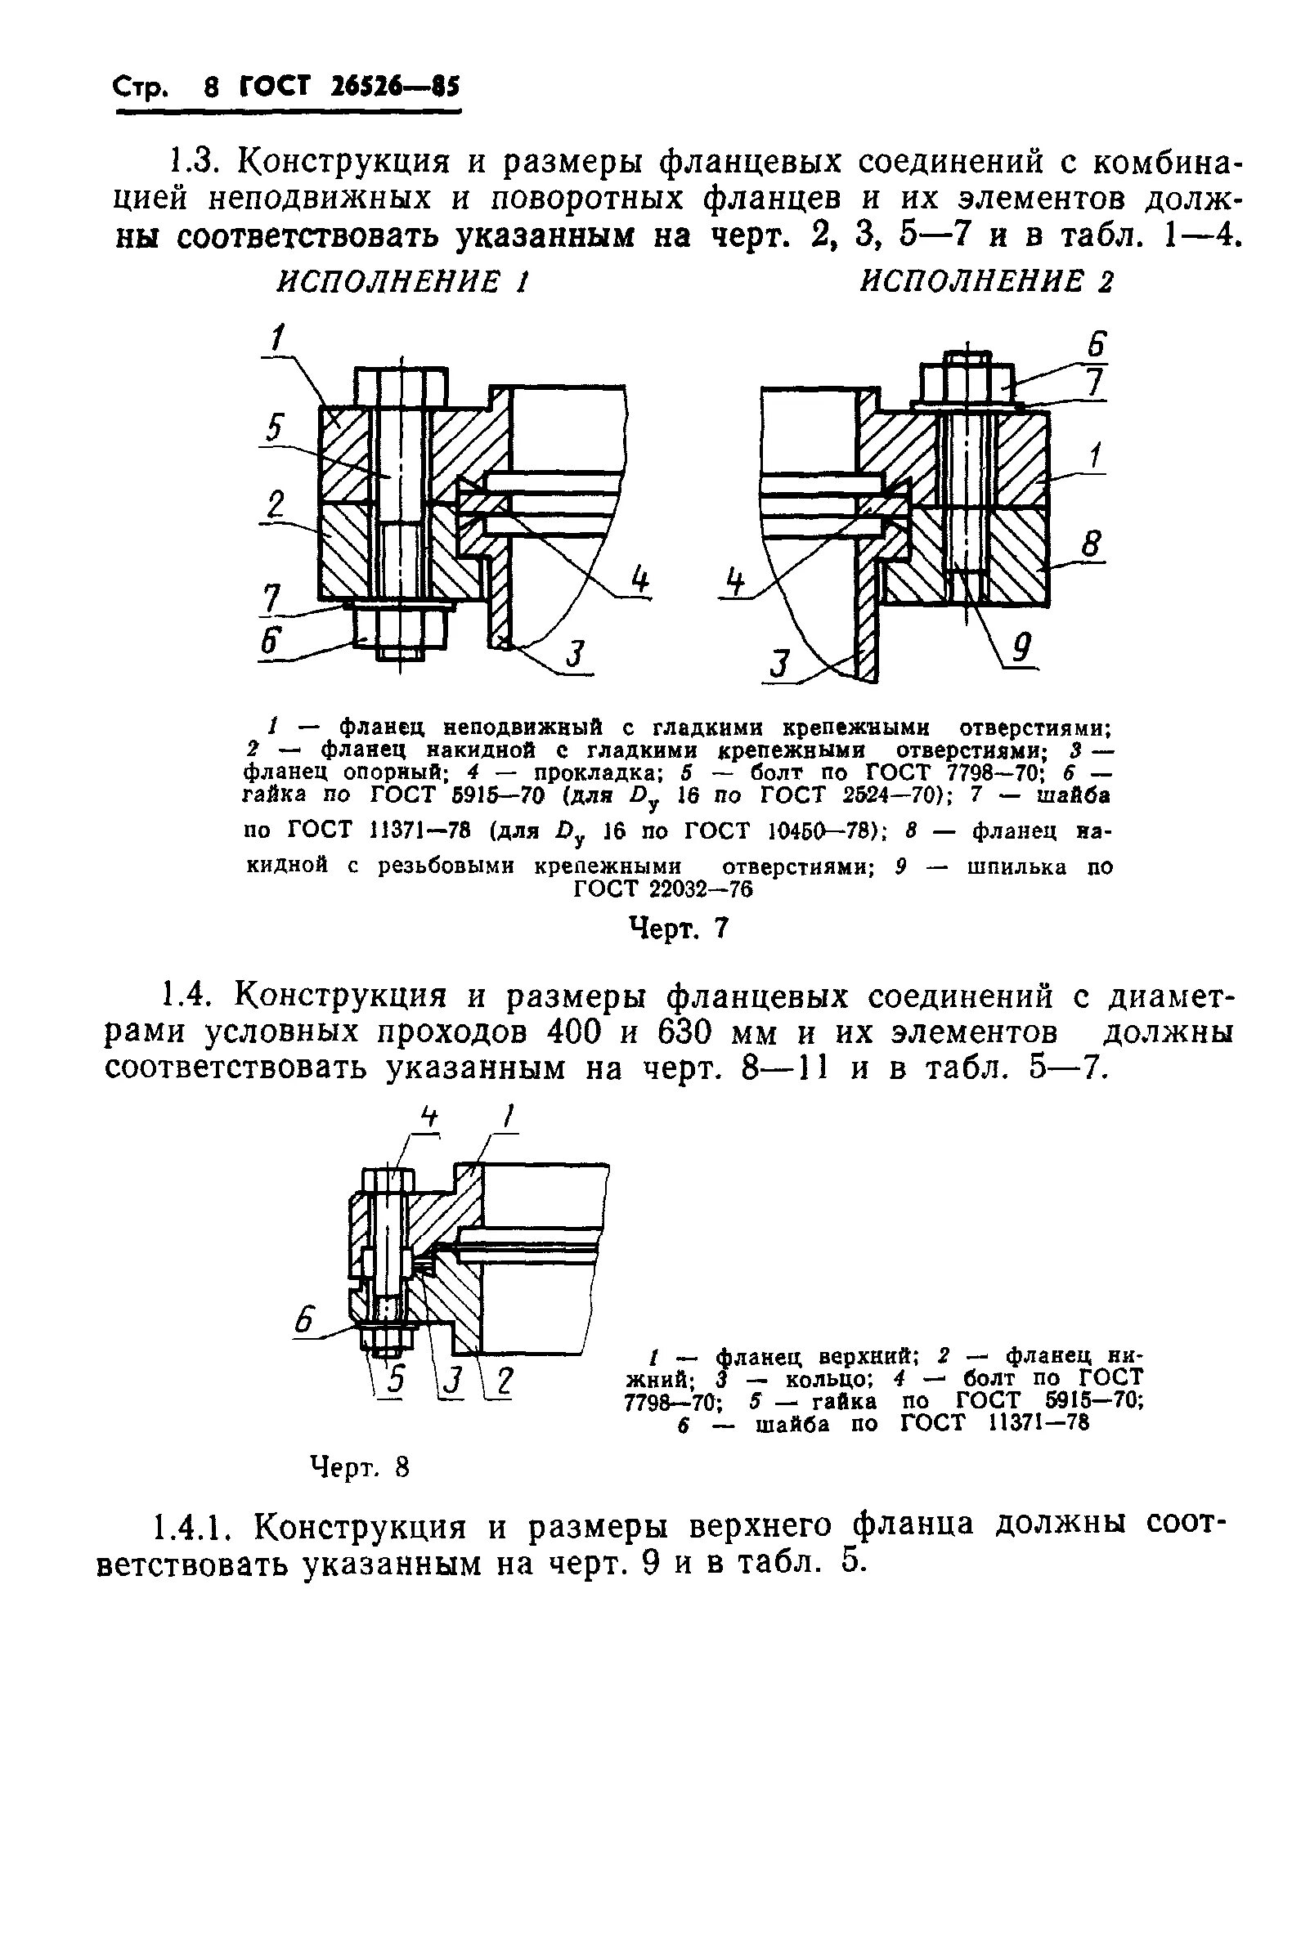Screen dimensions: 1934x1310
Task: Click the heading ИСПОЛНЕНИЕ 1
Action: (x=403, y=282)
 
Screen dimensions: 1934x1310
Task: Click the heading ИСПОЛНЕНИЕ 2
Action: (x=986, y=282)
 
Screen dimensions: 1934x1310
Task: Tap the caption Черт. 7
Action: (x=678, y=928)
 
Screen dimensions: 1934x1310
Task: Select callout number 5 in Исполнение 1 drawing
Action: (x=274, y=428)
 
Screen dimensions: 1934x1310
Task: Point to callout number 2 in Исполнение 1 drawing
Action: (x=275, y=504)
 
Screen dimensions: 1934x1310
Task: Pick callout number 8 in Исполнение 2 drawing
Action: (x=1090, y=545)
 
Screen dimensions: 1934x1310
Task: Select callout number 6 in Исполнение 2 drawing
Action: (x=1096, y=342)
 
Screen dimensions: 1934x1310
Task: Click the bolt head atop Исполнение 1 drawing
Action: (x=402, y=386)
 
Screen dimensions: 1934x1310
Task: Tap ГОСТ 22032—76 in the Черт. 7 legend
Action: (x=663, y=889)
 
